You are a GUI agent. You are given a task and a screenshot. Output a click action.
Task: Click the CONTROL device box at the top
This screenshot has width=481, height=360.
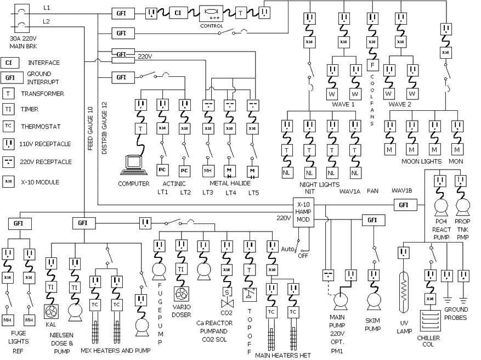[212, 13]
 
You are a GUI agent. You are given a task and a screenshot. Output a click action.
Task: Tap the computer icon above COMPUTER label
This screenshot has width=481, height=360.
[133, 164]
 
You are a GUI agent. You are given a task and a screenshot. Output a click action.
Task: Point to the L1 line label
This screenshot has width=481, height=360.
[47, 8]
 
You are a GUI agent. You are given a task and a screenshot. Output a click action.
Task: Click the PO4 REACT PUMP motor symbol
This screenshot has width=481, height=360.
[442, 206]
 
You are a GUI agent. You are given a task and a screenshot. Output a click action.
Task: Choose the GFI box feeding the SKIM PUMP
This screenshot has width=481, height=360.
[372, 220]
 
